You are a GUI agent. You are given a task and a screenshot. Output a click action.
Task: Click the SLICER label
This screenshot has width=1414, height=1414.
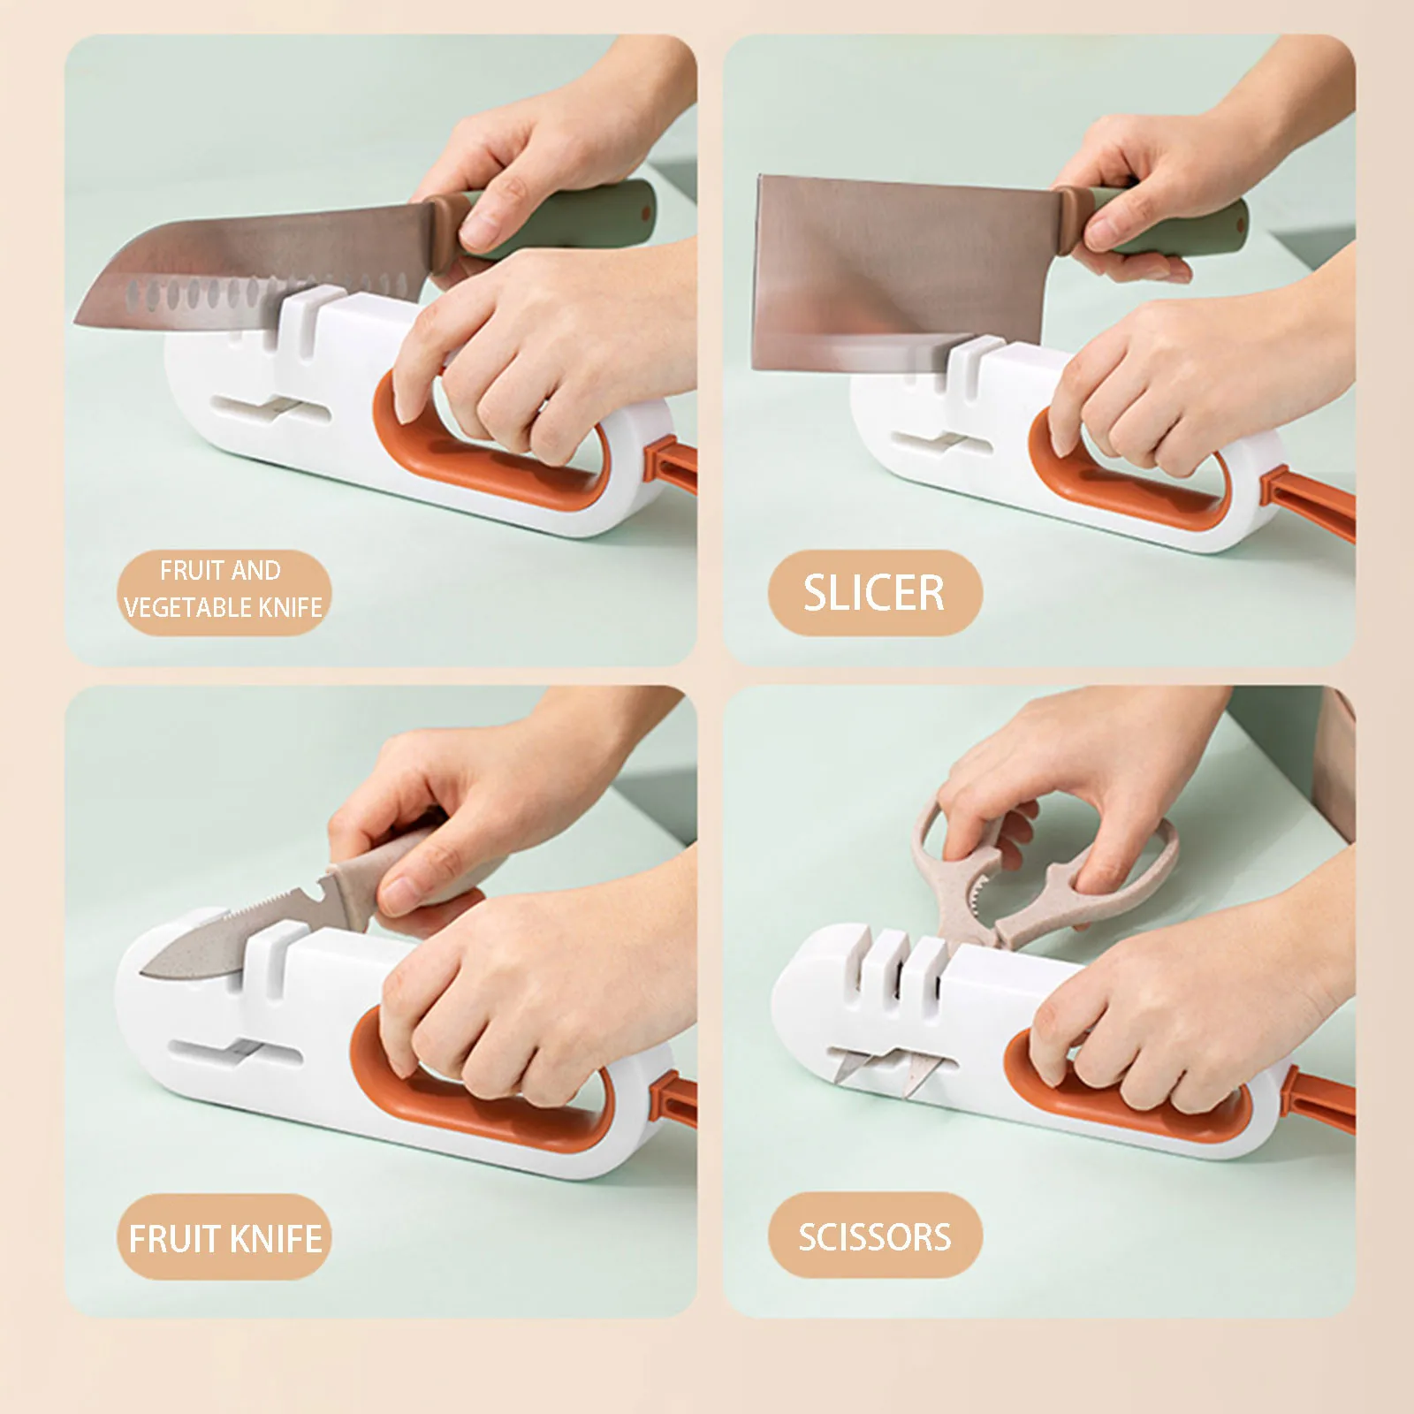(874, 593)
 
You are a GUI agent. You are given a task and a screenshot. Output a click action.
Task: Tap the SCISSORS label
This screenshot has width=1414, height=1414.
(874, 1236)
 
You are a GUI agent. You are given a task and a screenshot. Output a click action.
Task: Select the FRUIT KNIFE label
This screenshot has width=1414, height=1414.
(224, 1238)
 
